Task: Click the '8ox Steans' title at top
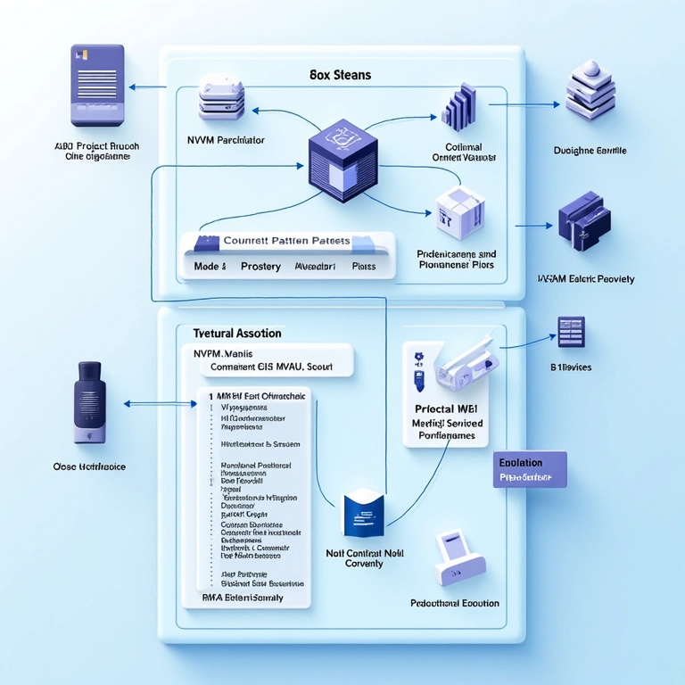pos(341,75)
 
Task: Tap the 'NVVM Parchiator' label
pos(226,140)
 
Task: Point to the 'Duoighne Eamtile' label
pos(590,151)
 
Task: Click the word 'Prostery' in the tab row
pos(260,267)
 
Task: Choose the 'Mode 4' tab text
pos(210,267)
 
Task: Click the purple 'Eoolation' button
pos(529,469)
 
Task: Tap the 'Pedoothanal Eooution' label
pos(454,604)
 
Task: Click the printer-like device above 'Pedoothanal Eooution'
pos(456,554)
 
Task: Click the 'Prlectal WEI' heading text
pos(450,407)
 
